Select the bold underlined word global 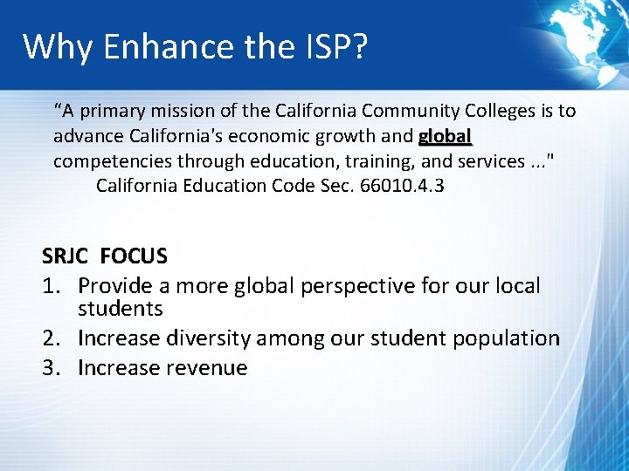tap(446, 137)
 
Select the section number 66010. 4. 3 tap(397, 186)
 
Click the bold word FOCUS tap(134, 256)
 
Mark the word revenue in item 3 tap(204, 368)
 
